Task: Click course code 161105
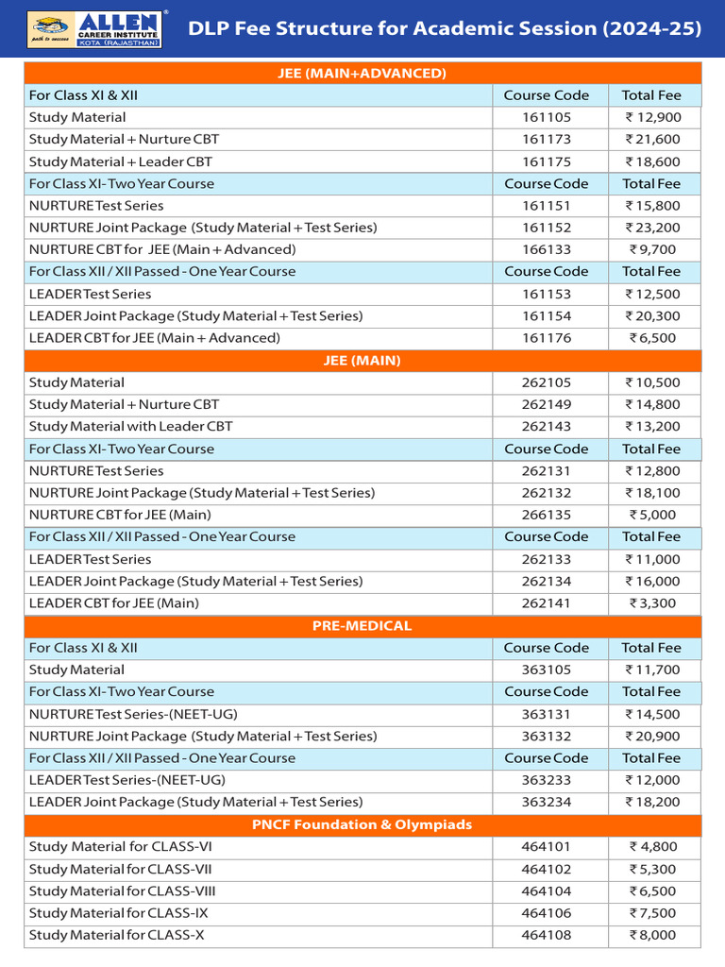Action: (x=547, y=117)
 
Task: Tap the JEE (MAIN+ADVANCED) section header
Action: (x=362, y=73)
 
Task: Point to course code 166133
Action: (x=547, y=249)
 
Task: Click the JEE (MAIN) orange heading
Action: (x=362, y=360)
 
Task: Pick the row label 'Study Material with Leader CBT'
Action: (x=130, y=426)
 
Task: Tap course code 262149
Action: (x=547, y=404)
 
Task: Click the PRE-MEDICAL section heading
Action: (x=362, y=625)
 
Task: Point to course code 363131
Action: (x=547, y=714)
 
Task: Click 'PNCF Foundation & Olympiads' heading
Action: (x=362, y=824)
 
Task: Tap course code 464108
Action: (x=547, y=935)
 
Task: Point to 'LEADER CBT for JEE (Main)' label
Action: (x=114, y=603)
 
